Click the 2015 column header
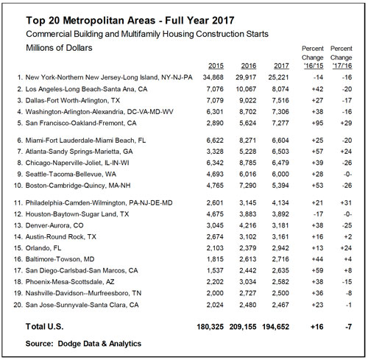pyautogui.click(x=216, y=66)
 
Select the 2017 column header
pyautogui.click(x=281, y=66)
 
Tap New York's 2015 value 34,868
pyautogui.click(x=213, y=77)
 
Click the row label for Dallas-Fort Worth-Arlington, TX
pyautogui.click(x=73, y=101)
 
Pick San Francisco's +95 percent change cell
pyautogui.click(x=317, y=123)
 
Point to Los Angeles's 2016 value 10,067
pyautogui.click(x=246, y=89)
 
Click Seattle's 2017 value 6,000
pyautogui.click(x=280, y=174)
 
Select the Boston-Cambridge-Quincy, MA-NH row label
pyautogui.click(x=78, y=186)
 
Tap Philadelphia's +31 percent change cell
pyautogui.click(x=346, y=203)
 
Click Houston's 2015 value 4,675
pyautogui.click(x=215, y=214)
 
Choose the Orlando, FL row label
pyautogui.click(x=43, y=248)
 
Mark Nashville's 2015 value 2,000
pyautogui.click(x=215, y=293)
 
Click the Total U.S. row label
pyautogui.click(x=44, y=327)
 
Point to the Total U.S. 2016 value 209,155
pyautogui.click(x=243, y=327)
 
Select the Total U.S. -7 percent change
pyautogui.click(x=348, y=327)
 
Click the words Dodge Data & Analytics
pyautogui.click(x=99, y=344)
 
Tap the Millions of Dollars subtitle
pyautogui.click(x=59, y=48)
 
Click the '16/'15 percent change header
pyautogui.click(x=314, y=66)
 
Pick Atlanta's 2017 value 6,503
pyautogui.click(x=280, y=152)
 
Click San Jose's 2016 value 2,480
pyautogui.click(x=248, y=305)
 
